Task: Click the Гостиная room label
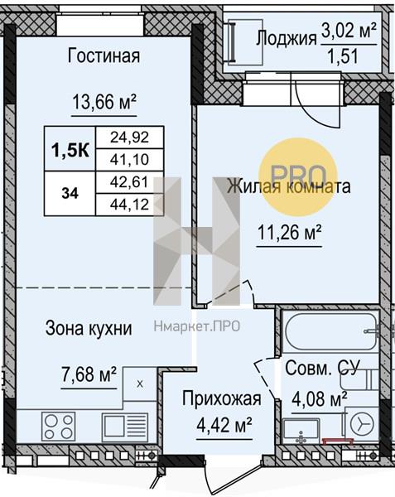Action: (104, 55)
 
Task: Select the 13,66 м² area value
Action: (104, 103)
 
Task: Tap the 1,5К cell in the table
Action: (70, 149)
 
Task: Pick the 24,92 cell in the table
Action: (129, 138)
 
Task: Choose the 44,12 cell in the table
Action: (129, 205)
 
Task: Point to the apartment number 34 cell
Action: (70, 193)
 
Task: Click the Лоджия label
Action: (287, 39)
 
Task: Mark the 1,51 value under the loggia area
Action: (343, 56)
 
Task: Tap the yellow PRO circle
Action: (298, 177)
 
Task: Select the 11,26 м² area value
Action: (290, 232)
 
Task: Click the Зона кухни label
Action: (89, 328)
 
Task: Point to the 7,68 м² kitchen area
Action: (89, 374)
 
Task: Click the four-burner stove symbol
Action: (59, 427)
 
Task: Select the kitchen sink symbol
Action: (125, 427)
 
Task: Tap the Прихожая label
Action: (222, 398)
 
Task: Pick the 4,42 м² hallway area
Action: (224, 425)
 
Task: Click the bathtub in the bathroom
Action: (330, 331)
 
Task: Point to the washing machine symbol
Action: (362, 423)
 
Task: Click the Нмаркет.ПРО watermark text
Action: (197, 326)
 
